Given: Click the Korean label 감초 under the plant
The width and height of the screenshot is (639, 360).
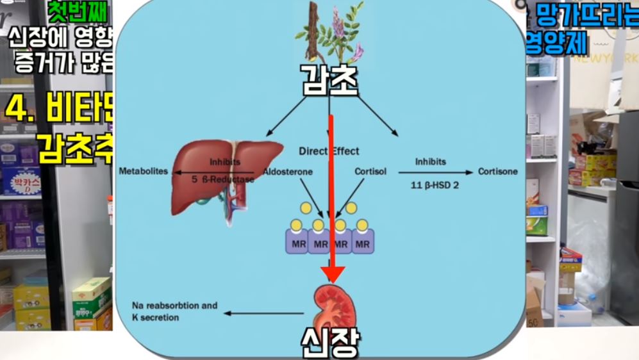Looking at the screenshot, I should click(329, 80).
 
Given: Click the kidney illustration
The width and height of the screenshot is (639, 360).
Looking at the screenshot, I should click(332, 306).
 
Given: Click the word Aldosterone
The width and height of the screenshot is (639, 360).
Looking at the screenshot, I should click(288, 172).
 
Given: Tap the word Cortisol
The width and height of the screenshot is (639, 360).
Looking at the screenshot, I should click(369, 172).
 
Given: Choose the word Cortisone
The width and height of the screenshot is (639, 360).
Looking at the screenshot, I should click(497, 172).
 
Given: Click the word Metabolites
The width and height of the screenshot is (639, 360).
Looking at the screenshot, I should click(143, 172).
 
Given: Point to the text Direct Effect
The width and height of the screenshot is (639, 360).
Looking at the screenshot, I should click(329, 152).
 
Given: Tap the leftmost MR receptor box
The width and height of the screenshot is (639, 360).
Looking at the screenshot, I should click(296, 243).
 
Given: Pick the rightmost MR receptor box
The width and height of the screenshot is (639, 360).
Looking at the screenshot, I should click(363, 243).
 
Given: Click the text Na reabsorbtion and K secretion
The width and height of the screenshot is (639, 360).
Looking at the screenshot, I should click(174, 311).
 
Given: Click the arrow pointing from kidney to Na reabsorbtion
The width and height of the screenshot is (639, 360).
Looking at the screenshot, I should click(263, 313).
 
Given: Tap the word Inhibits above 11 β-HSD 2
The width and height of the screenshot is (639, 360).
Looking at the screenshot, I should click(430, 161).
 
